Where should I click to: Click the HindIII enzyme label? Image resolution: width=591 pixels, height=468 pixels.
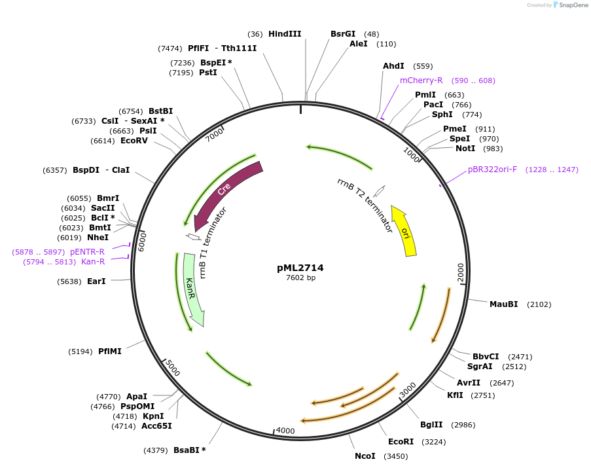tap(285, 34)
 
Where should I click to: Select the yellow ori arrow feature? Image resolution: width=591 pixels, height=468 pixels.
tap(404, 230)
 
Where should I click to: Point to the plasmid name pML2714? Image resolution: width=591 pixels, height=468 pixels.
tap(300, 268)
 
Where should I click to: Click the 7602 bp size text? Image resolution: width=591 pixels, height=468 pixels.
tap(300, 278)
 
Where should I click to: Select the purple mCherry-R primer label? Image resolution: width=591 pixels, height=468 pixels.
tap(421, 81)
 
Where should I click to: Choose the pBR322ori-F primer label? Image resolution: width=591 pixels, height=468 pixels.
tap(492, 170)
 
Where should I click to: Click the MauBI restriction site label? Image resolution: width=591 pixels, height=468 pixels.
tap(503, 304)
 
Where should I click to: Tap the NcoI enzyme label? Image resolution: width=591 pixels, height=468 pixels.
tap(365, 456)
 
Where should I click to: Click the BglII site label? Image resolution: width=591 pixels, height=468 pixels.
tap(431, 425)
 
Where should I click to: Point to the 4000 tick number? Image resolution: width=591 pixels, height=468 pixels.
tap(285, 431)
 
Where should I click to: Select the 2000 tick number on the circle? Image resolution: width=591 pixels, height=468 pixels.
tap(461, 271)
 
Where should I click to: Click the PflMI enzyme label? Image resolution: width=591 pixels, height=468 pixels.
tap(109, 351)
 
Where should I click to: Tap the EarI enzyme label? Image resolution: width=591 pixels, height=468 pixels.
tap(96, 281)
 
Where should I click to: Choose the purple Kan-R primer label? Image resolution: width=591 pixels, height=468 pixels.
tap(93, 262)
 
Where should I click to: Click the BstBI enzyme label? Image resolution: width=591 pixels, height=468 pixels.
tap(161, 111)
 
